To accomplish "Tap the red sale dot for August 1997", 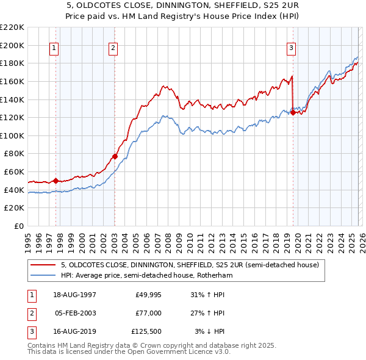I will pyautogui.click(x=56, y=181).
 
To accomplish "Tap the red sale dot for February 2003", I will pyautogui.click(x=115, y=156).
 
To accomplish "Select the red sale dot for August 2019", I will pyautogui.click(x=293, y=112).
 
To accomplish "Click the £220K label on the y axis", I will pyautogui.click(x=12, y=27).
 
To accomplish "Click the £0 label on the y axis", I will pyautogui.click(x=20, y=226).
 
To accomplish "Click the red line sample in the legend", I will pyautogui.click(x=44, y=265).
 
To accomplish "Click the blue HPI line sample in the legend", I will pyautogui.click(x=44, y=276).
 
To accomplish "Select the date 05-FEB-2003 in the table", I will pyautogui.click(x=76, y=313).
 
